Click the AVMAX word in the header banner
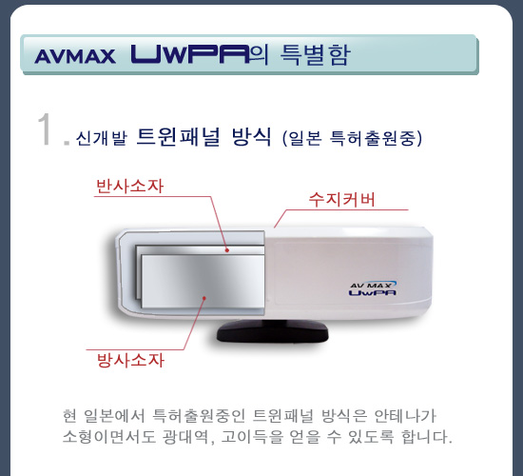pyautogui.click(x=75, y=56)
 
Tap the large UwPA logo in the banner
pyautogui.click(x=190, y=53)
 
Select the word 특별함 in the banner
pyautogui.click(x=315, y=54)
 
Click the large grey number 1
pyautogui.click(x=45, y=129)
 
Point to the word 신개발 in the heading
pyautogui.click(x=102, y=138)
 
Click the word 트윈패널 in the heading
pyautogui.click(x=179, y=137)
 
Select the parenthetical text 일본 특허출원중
pyautogui.click(x=352, y=138)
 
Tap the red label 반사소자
pyautogui.click(x=129, y=186)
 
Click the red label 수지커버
pyautogui.click(x=342, y=199)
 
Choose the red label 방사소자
pyautogui.click(x=130, y=360)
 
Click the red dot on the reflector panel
pyautogui.click(x=227, y=249)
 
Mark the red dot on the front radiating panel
pyautogui.click(x=204, y=298)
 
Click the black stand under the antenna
pyautogui.click(x=273, y=330)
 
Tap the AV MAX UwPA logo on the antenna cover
pyautogui.click(x=373, y=288)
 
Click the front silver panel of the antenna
pyautogui.click(x=203, y=281)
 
